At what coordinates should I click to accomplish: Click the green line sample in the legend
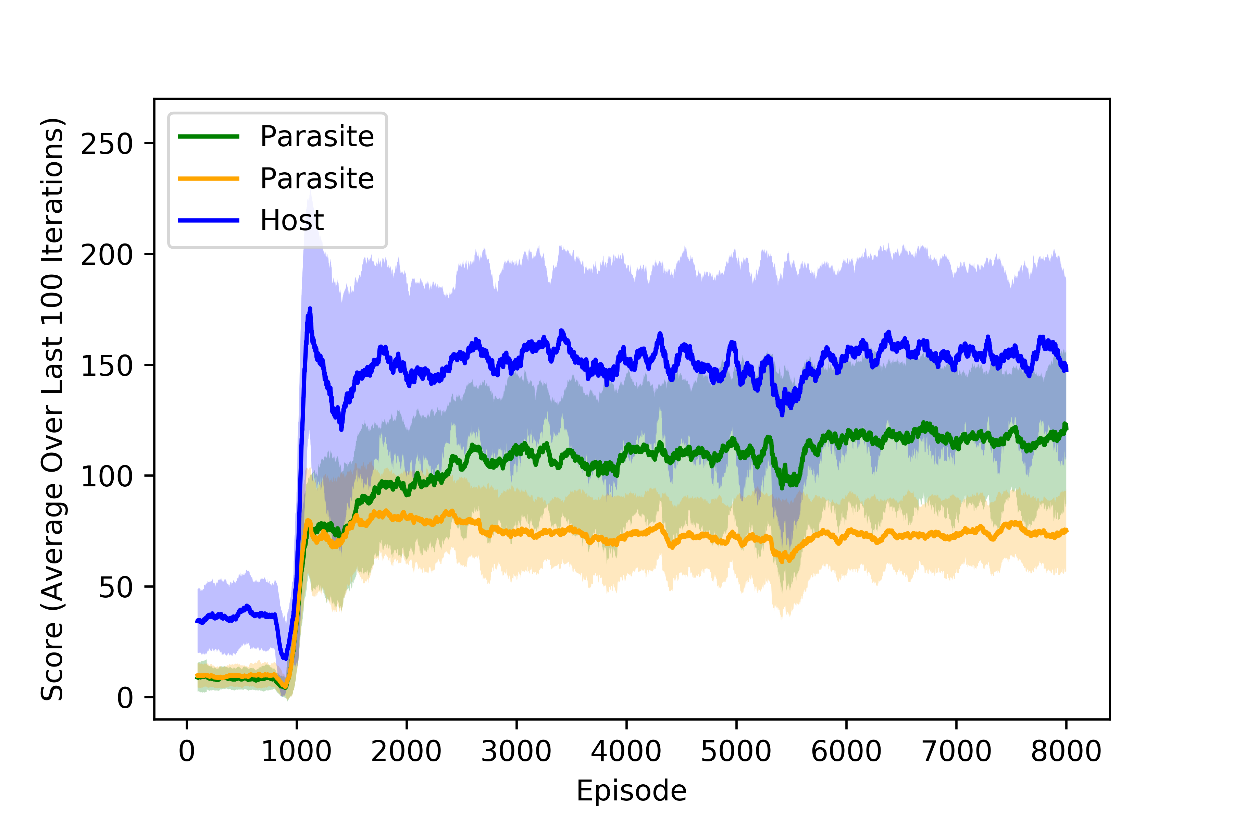point(209,136)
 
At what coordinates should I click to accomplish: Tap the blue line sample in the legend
point(209,220)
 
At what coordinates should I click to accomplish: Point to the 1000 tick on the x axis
point(296,751)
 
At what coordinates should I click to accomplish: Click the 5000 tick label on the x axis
point(736,751)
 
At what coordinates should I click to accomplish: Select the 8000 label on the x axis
point(1066,751)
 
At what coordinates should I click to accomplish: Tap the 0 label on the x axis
point(187,751)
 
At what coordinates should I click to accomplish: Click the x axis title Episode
point(631,790)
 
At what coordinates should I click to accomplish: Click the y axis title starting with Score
point(52,409)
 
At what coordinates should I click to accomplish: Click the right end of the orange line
point(1066,531)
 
